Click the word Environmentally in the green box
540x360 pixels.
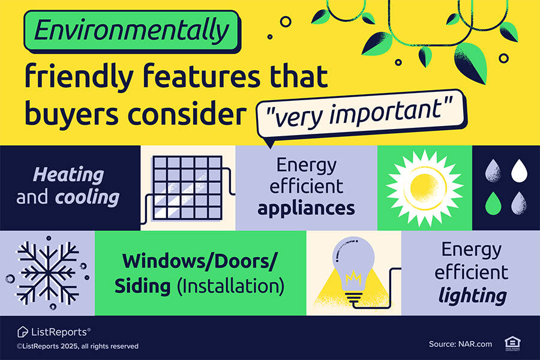[131, 31]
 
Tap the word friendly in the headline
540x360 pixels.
[79, 76]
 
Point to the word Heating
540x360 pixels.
[68, 175]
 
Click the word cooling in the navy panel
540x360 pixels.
[87, 198]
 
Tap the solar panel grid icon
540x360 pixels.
[187, 188]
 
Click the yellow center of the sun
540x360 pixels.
[424, 188]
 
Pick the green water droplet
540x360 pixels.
[493, 203]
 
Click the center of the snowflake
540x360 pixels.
[48, 273]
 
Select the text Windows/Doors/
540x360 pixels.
[200, 262]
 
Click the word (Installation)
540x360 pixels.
[231, 287]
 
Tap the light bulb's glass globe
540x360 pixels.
[353, 260]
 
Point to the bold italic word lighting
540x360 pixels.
[473, 296]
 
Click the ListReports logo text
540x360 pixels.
[59, 332]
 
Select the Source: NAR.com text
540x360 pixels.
[460, 344]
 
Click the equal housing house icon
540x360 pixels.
[512, 343]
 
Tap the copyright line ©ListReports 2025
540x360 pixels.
[77, 346]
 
